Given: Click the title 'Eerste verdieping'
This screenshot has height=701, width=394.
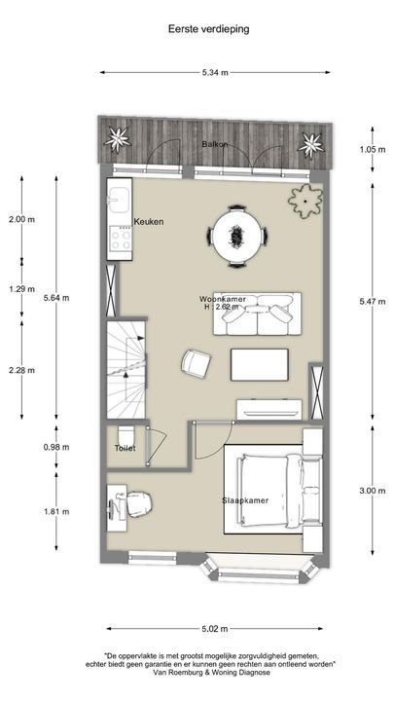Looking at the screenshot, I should coord(208,29).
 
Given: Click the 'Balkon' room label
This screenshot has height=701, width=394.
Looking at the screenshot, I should coord(214,144).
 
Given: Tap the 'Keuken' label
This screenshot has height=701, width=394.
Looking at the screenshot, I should coord(149,222).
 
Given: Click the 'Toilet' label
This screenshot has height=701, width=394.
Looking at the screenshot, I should coord(125,449).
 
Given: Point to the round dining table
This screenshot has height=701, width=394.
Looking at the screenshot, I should coord(237,234).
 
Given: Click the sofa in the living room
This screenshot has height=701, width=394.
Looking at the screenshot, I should coord(258,314).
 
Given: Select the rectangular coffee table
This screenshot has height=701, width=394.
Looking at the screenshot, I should coord(260,365).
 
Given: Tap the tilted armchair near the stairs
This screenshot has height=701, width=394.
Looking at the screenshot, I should coord(196,363).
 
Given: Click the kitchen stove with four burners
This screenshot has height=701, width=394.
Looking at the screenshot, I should coord(121,238).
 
